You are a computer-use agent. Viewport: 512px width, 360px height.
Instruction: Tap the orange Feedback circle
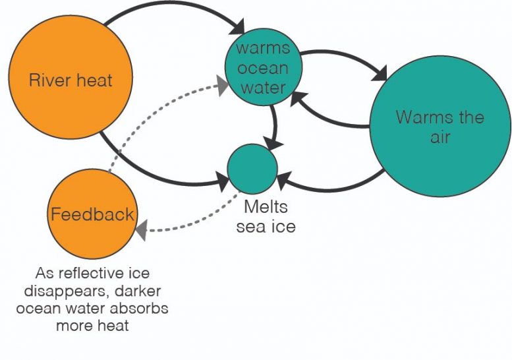coord(93,214)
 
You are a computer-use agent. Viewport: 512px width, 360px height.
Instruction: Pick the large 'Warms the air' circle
coord(440,128)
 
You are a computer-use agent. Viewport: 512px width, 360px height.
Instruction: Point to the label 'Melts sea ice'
coord(266,217)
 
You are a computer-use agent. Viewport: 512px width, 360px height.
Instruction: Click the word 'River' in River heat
coord(50,81)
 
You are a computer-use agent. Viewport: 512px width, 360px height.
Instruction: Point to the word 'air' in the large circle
coord(440,137)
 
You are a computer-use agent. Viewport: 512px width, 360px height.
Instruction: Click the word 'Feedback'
coord(93,214)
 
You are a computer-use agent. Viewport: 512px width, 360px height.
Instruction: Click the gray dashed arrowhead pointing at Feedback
coord(140,230)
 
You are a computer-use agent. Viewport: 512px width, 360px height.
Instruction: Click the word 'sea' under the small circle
coord(256,227)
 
